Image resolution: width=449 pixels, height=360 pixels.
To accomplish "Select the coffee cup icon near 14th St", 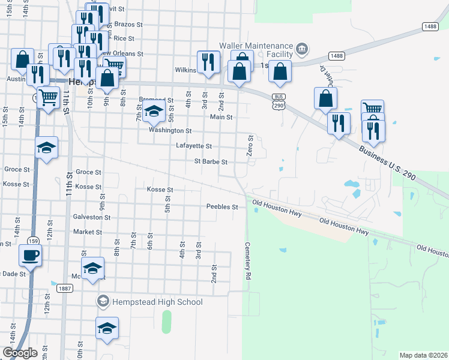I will point(30,256).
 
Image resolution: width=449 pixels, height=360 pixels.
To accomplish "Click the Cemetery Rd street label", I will point(247,260).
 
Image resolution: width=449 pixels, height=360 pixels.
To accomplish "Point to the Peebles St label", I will point(222,207).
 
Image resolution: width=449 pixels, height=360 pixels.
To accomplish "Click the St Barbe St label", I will point(211,161).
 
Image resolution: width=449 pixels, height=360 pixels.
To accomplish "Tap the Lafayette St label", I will point(194,146).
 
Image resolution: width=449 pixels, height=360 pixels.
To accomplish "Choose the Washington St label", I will point(170,130).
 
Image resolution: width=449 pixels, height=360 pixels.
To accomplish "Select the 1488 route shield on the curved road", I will point(337,56).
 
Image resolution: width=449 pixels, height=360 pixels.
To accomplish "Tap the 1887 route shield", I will point(65,288).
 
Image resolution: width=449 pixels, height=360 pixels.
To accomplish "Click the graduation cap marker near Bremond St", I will point(154,112).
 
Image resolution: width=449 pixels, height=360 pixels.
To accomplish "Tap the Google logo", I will point(20,352).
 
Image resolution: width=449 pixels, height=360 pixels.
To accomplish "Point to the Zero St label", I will point(250,146).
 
